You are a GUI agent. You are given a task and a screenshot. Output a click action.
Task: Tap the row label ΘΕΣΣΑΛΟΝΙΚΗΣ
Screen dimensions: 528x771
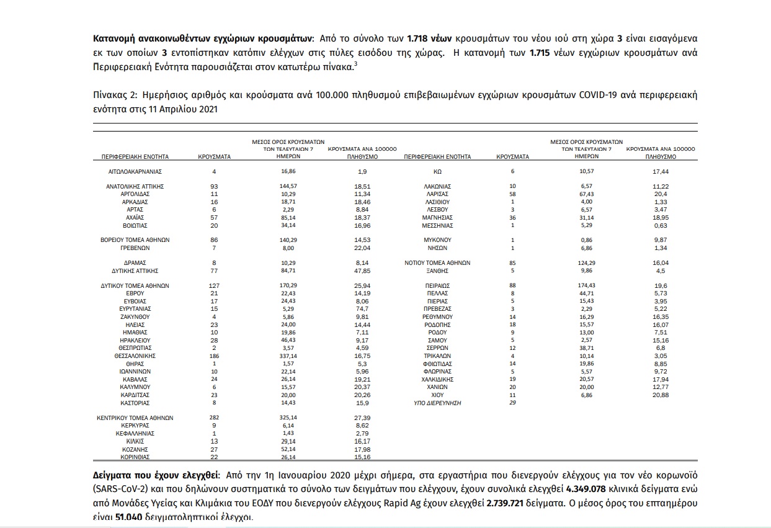pos(134,356)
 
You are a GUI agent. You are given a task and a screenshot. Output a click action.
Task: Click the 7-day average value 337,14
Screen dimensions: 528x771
pos(288,356)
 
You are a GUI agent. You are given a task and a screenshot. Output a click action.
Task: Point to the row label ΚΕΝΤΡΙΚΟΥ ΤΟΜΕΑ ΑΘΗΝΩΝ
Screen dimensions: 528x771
pos(135,418)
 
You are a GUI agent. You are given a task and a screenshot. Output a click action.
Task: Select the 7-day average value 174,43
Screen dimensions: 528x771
pos(586,285)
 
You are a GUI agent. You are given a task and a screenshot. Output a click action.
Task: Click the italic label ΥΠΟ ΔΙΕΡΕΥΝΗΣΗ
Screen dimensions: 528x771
pos(437,403)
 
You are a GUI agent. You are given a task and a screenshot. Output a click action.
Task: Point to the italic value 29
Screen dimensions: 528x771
pos(512,403)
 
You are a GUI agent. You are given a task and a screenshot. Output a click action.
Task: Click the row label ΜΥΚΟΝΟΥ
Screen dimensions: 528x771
pos(437,239)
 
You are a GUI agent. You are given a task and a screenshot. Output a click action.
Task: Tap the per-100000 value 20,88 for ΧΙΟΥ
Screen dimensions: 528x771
pos(660,395)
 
